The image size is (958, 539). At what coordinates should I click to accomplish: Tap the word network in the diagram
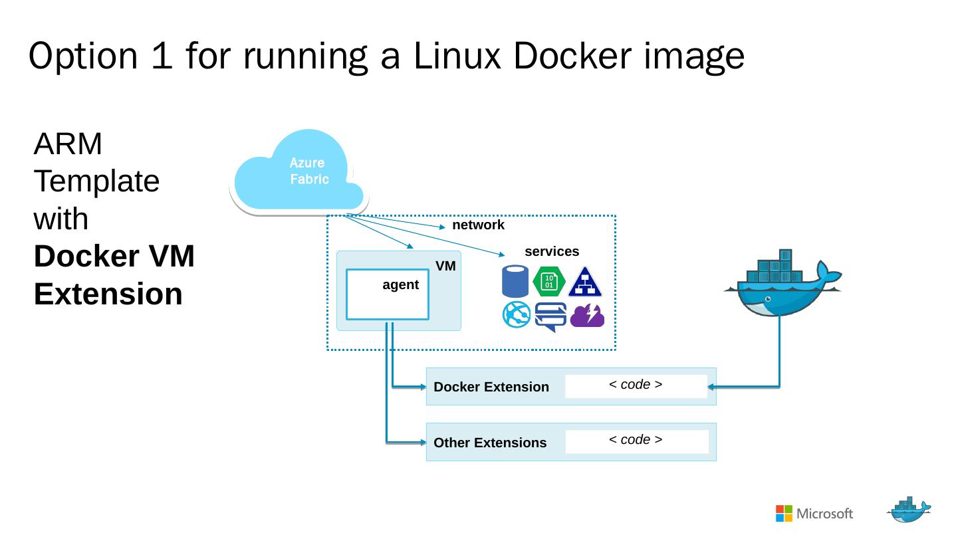pyautogui.click(x=478, y=225)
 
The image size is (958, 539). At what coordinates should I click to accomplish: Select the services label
pyautogui.click(x=552, y=252)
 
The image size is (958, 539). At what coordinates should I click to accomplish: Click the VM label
pyautogui.click(x=445, y=267)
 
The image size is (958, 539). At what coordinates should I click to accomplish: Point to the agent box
pyautogui.click(x=387, y=294)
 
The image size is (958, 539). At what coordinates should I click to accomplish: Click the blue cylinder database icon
pyautogui.click(x=515, y=281)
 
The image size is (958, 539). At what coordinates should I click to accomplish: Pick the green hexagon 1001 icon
pyautogui.click(x=549, y=281)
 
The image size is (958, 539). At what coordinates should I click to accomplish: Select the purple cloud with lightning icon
pyautogui.click(x=587, y=316)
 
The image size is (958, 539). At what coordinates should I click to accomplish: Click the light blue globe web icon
pyautogui.click(x=517, y=315)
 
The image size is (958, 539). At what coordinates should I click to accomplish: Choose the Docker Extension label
pyautogui.click(x=491, y=387)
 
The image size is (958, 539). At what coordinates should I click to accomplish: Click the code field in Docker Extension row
pyautogui.click(x=636, y=386)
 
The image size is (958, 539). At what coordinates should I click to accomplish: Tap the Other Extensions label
pyautogui.click(x=490, y=443)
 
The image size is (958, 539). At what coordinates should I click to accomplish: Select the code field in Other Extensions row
pyautogui.click(x=636, y=441)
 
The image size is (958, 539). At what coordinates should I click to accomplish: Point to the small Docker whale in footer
pyautogui.click(x=909, y=510)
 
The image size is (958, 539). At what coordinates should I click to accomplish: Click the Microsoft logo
pyautogui.click(x=814, y=514)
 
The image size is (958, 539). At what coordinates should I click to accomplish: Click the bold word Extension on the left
pyautogui.click(x=108, y=294)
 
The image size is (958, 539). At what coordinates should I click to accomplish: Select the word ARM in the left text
pyautogui.click(x=68, y=144)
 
